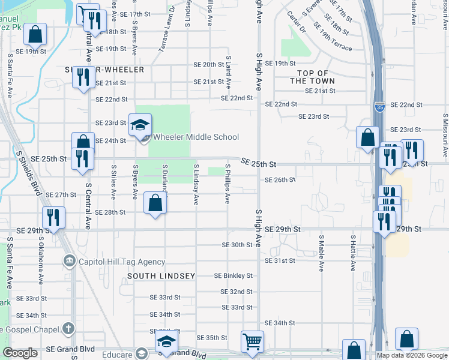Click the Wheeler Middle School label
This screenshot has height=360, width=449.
196,137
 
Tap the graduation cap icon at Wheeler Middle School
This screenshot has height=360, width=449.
139,125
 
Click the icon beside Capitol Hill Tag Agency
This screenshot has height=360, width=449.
69,261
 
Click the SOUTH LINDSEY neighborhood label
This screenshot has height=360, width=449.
161,276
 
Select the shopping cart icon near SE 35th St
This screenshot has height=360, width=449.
252,341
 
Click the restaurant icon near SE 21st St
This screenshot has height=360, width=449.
83,77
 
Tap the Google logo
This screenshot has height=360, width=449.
20,353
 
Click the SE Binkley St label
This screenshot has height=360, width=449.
234,276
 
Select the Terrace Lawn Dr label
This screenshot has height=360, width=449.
166,29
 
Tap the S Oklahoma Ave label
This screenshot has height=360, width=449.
41,262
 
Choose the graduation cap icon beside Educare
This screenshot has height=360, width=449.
166,343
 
